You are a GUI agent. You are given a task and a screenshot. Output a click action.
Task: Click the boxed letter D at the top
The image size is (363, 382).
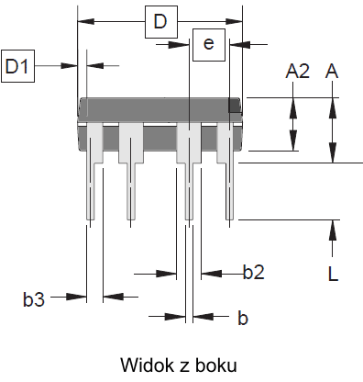pyautogui.click(x=161, y=22)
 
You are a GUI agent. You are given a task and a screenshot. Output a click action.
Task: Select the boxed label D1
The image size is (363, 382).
pyautogui.click(x=17, y=66)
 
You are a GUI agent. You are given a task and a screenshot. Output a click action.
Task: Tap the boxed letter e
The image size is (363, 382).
pyautogui.click(x=209, y=45)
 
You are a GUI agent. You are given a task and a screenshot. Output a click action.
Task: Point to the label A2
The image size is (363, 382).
pyautogui.click(x=298, y=72)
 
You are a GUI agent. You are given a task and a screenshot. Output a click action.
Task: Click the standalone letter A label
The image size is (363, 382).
pyautogui.click(x=332, y=72)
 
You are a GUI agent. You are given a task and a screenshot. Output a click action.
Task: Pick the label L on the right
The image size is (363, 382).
pyautogui.click(x=333, y=274)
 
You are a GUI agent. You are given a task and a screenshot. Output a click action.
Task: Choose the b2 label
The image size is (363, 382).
pyautogui.click(x=254, y=272)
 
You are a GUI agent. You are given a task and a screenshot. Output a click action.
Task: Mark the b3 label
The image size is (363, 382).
pyautogui.click(x=34, y=299)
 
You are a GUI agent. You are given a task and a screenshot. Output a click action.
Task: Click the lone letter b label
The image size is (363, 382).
pyautogui.click(x=243, y=318)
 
